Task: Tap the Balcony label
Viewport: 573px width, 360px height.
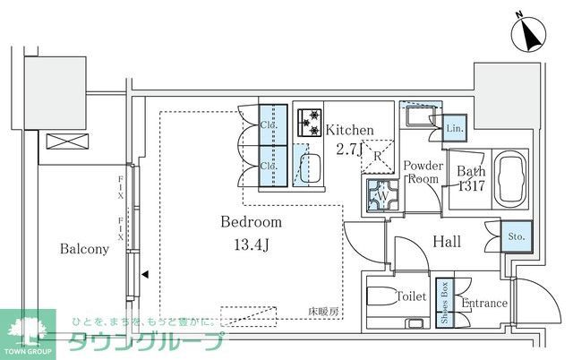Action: coord(85,249)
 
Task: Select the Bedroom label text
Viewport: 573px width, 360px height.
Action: coord(252,222)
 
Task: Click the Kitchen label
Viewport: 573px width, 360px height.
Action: coord(348,130)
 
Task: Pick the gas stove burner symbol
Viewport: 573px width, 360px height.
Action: coord(310,120)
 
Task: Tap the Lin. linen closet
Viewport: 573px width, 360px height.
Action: coord(455,129)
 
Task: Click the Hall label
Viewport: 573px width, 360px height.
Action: coord(448,241)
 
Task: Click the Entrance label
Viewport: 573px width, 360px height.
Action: coord(484,304)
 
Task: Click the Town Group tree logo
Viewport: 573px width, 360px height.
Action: coord(27,331)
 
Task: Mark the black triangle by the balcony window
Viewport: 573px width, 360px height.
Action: coord(144,276)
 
